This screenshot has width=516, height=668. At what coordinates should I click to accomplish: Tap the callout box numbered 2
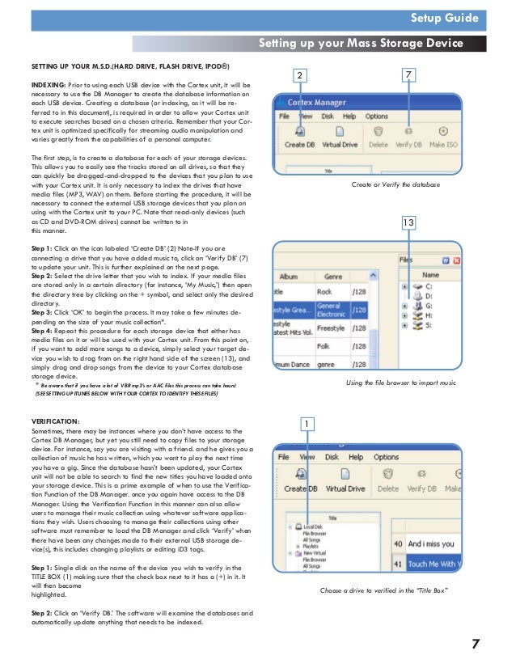click(300, 75)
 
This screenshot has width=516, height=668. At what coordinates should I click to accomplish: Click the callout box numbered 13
click(409, 222)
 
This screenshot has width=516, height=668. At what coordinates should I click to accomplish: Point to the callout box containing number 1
click(307, 422)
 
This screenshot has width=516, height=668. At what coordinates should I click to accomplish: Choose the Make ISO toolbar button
click(444, 137)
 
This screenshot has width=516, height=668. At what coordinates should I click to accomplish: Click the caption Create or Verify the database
click(395, 185)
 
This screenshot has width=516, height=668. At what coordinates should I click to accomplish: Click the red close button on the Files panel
click(458, 260)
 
